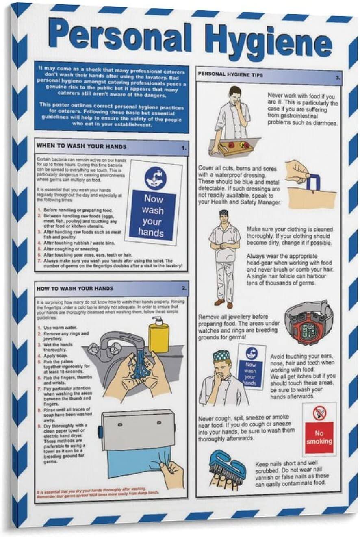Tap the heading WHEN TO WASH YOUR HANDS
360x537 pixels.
tap(81, 146)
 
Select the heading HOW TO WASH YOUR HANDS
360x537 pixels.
tap(75, 288)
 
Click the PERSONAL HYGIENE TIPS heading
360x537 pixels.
tap(230, 75)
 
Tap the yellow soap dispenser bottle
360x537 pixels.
tap(158, 335)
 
